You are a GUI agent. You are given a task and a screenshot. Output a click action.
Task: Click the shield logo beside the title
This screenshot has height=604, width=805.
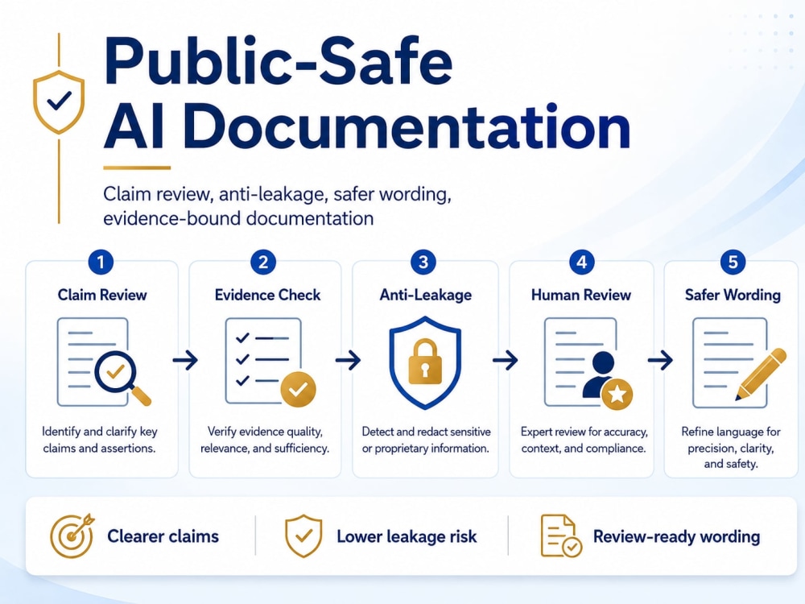coord(59,101)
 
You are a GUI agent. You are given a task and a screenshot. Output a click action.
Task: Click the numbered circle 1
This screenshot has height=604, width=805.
coord(101,262)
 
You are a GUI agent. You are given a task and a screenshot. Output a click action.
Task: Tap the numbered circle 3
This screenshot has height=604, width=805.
coord(423,262)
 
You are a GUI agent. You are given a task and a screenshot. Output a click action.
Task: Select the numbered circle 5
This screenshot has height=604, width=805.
coord(733,262)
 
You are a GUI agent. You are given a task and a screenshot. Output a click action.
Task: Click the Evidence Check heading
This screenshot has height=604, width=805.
coord(267,295)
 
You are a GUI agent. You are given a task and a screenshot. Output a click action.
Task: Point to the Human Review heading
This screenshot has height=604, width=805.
coord(580,295)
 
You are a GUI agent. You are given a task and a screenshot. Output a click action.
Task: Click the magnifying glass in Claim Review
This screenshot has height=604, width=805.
coord(122,376)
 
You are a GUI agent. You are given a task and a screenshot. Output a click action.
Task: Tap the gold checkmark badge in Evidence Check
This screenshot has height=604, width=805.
coord(298,389)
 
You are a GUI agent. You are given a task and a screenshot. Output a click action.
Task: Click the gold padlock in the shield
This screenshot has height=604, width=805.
coord(424,361)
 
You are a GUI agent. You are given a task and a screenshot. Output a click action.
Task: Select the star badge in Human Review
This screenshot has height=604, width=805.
coord(617,395)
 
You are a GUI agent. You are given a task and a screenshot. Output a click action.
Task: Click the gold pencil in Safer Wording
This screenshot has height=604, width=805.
coord(761,374)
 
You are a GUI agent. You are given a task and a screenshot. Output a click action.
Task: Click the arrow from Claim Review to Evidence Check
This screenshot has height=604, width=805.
coord(185,360)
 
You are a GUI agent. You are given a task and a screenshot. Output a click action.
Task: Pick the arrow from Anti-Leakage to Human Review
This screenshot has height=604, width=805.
coord(506,360)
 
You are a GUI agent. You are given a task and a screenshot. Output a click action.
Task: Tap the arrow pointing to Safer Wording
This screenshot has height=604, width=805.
coord(660,360)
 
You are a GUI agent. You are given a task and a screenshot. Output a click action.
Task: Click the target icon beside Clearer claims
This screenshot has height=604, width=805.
coord(72,536)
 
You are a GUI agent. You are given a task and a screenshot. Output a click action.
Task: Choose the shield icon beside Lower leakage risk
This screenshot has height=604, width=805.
coord(303,536)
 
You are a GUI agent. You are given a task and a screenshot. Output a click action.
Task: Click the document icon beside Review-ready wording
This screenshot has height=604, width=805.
coord(561,536)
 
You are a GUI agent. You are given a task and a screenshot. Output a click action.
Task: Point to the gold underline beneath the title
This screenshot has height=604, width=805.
coord(137,168)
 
